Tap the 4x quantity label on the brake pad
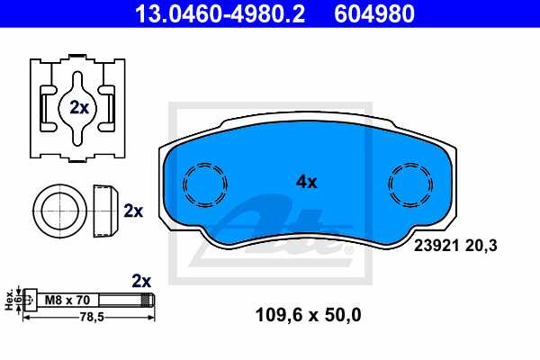point(307,182)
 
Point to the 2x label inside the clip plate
point(79,107)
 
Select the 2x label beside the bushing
point(133,211)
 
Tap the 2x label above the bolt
point(140,280)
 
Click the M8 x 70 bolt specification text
point(67,300)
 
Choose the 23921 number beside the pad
point(434,244)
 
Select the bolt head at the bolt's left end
point(30,300)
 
